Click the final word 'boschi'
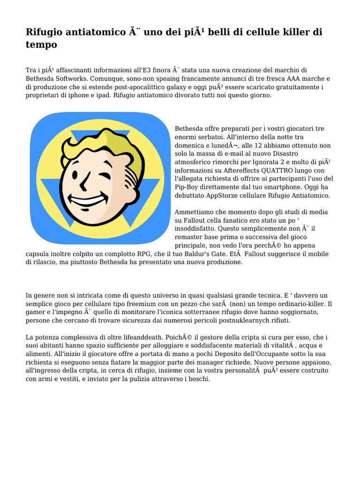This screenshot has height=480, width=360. tap(198, 379)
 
